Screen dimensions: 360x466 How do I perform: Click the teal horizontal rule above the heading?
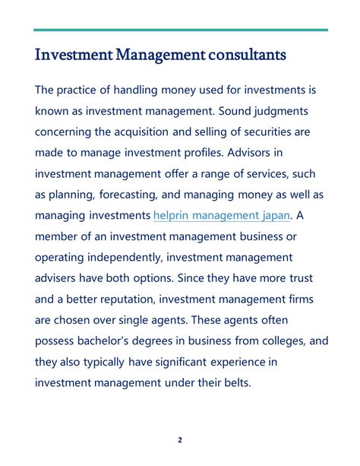click(181, 30)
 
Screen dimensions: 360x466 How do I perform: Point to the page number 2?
click(180, 439)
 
